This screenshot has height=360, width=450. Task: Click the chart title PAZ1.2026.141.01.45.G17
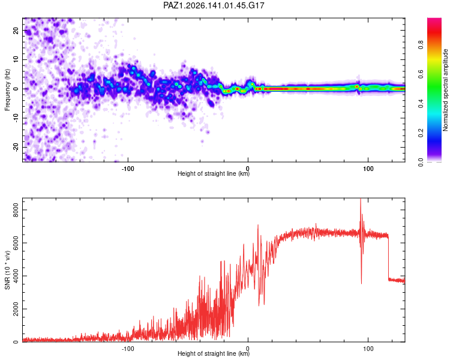(x=214, y=5)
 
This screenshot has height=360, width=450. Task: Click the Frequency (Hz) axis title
(x=7, y=90)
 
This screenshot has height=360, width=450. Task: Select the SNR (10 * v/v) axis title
(x=7, y=270)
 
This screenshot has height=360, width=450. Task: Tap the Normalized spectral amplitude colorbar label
(x=445, y=90)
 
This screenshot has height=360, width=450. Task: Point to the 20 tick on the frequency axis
(x=16, y=30)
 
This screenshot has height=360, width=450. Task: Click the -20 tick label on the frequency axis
(x=16, y=147)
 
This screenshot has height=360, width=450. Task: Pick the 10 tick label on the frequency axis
(x=16, y=59)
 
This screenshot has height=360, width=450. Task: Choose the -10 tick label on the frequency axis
(x=16, y=118)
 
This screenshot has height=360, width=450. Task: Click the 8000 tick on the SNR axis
(x=16, y=210)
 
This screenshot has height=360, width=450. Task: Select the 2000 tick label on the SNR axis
(x=16, y=309)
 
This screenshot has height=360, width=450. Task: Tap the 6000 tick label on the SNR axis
(x=16, y=243)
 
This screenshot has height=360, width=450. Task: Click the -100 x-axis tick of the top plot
(x=128, y=169)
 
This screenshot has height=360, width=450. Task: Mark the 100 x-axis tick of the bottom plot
(x=368, y=349)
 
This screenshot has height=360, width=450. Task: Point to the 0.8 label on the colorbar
(x=421, y=45)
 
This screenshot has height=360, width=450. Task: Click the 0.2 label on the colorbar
(x=421, y=133)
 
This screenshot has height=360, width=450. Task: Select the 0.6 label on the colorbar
(x=421, y=74)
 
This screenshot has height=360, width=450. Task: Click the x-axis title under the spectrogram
(x=214, y=173)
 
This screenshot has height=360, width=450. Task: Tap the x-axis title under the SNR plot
(x=214, y=353)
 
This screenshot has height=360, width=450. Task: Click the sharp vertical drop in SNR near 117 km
(x=388, y=257)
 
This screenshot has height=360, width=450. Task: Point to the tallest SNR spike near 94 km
(x=361, y=199)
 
